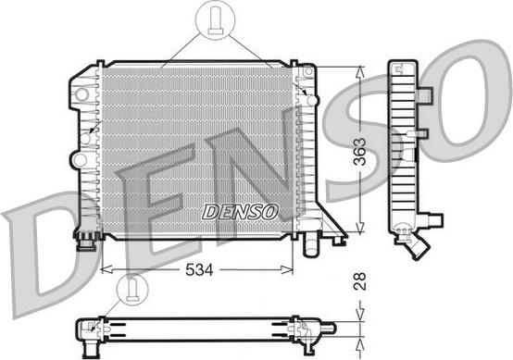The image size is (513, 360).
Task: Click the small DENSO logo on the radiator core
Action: pyautogui.click(x=240, y=212)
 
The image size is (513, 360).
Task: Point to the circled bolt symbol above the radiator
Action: pyautogui.click(x=215, y=21)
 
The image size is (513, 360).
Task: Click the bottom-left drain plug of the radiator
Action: pyautogui.click(x=87, y=242)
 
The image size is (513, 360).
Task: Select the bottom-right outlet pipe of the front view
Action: pyautogui.click(x=310, y=246)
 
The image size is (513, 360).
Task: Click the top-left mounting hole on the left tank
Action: pyautogui.click(x=84, y=93)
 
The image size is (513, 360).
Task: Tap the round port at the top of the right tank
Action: pyautogui.click(x=312, y=99)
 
